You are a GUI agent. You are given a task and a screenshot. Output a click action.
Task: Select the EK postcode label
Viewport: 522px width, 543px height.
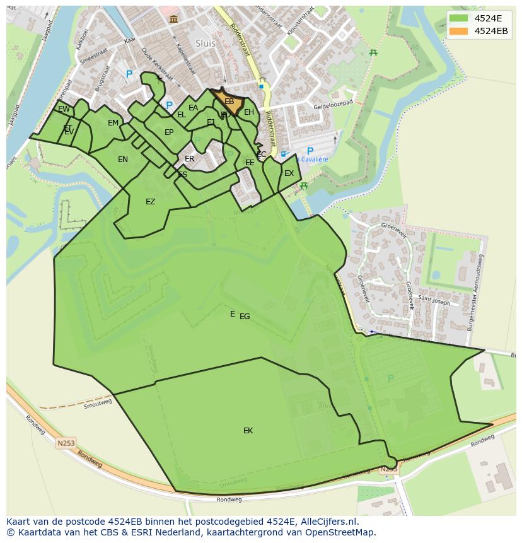(x=248, y=431)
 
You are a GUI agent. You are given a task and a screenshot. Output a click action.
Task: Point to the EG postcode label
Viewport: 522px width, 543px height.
(x=245, y=317)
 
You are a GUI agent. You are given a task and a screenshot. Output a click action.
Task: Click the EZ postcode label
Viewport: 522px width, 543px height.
(x=150, y=202)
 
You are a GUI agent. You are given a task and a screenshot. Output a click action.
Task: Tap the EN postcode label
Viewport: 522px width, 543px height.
(x=123, y=160)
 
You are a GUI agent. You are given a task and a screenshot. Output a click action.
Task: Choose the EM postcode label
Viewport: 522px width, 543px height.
(x=113, y=123)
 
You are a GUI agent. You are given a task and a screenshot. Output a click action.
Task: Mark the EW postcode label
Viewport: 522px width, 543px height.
(x=64, y=109)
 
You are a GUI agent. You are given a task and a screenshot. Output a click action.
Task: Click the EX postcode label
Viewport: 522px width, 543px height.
(x=289, y=173)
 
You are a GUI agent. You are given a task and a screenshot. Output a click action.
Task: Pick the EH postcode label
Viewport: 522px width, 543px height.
(x=249, y=112)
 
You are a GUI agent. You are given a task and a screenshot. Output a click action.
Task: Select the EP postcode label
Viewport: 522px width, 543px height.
(x=169, y=132)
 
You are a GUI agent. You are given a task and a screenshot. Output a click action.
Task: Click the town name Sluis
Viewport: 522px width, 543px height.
(x=206, y=44)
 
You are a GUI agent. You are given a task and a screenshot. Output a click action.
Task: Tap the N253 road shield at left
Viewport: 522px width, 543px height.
(x=66, y=443)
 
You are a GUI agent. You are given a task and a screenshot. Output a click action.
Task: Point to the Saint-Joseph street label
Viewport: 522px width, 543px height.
(x=434, y=302)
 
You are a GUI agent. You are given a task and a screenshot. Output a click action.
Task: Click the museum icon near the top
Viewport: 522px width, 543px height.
(x=173, y=20)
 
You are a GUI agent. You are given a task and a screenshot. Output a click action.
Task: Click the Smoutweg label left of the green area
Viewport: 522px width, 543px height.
(x=98, y=402)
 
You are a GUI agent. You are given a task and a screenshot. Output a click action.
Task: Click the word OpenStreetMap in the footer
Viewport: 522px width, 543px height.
(x=342, y=532)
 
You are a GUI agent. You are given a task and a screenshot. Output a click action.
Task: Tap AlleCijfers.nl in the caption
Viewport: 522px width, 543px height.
(x=328, y=522)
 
